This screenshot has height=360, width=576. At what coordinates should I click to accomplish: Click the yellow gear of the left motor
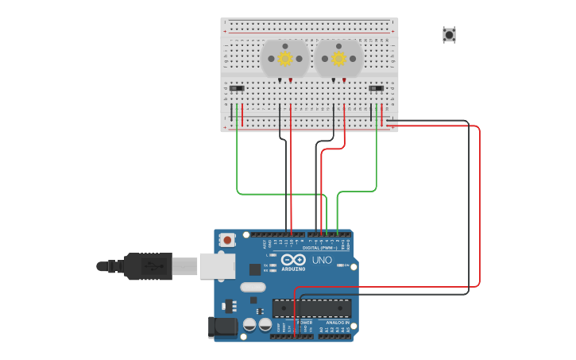(x=285, y=58)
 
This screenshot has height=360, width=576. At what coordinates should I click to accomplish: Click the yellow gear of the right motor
(x=339, y=58)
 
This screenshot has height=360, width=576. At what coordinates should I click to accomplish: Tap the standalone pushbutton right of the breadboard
(x=449, y=34)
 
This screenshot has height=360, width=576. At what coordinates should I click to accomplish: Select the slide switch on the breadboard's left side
(x=237, y=88)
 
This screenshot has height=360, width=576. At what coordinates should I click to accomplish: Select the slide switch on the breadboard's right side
(x=377, y=88)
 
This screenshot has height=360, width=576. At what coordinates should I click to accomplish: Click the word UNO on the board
(x=322, y=260)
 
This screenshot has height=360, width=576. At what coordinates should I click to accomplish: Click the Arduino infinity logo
(x=292, y=260)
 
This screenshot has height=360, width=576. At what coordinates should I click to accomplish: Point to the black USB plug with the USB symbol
(x=147, y=265)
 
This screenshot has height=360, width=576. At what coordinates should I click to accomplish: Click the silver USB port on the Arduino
(x=216, y=265)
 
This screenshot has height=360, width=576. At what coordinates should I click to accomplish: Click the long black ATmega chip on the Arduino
(x=311, y=308)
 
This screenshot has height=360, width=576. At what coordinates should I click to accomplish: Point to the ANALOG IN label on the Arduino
(x=337, y=323)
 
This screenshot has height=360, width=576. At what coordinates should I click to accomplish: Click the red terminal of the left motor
(x=291, y=80)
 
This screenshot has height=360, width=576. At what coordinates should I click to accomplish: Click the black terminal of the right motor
(x=334, y=80)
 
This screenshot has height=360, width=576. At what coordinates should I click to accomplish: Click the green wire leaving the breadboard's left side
(x=238, y=159)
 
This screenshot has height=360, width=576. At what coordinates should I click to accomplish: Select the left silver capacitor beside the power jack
(x=249, y=324)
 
